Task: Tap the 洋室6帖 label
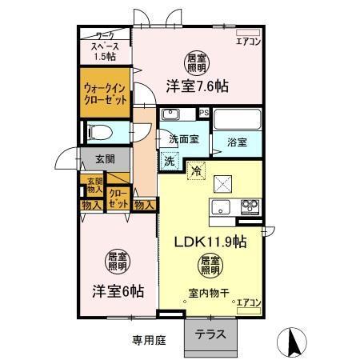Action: (x=116, y=292)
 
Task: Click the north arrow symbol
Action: (x=292, y=342)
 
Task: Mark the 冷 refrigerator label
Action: (x=195, y=170)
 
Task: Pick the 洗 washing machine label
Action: (x=170, y=161)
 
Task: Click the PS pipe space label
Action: (x=204, y=113)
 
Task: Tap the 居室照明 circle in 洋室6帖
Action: (x=118, y=262)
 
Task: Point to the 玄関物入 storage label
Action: (x=94, y=186)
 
